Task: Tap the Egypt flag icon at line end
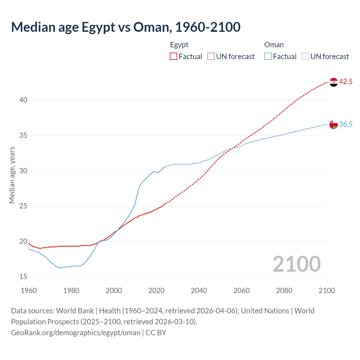333,82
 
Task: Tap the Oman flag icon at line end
333,124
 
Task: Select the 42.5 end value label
346,82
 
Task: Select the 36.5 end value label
346,124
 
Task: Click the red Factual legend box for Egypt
174,57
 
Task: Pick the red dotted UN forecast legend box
211,57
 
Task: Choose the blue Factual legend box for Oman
268,57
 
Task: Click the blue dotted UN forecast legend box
305,57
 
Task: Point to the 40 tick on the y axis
23,100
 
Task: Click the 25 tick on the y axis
23,206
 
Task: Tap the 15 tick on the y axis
23,277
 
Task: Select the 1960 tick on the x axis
29,291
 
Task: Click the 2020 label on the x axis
156,291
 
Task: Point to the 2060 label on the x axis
242,291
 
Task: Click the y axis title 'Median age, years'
12,175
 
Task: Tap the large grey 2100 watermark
296,264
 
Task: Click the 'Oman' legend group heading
274,45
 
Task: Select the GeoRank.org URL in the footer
76,333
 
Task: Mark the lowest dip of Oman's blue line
60,268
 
